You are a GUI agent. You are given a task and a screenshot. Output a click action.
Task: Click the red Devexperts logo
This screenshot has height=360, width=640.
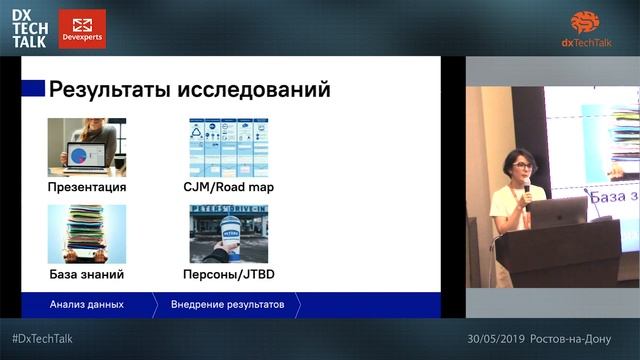82,29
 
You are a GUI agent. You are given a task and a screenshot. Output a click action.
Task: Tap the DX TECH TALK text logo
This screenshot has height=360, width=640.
31,29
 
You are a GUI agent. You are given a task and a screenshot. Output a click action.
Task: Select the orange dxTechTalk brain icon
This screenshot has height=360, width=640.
592,22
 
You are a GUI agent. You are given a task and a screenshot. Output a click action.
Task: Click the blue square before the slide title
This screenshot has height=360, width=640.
33,89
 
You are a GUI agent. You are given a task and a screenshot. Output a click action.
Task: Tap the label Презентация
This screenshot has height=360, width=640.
87,187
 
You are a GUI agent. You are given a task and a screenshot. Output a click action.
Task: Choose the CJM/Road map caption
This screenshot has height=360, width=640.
231,187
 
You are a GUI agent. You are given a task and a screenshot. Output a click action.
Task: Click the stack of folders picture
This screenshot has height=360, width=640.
86,233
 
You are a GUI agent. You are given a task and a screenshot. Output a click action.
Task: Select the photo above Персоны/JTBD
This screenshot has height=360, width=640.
229,233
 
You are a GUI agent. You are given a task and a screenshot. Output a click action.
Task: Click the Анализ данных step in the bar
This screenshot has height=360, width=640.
87,303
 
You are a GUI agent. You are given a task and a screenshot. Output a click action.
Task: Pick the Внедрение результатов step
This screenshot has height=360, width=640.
227,303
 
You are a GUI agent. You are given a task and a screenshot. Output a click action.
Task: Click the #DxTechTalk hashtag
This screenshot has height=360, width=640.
42,338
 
